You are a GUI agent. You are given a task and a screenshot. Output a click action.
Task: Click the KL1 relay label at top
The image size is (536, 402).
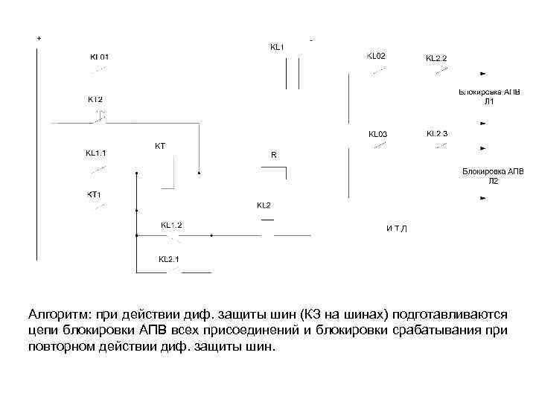click(276, 47)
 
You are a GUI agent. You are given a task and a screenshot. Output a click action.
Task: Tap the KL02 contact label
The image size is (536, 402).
click(376, 56)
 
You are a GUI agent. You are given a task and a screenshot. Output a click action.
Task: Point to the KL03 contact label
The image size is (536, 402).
click(378, 135)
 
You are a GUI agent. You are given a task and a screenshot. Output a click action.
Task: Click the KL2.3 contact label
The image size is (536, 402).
click(437, 134)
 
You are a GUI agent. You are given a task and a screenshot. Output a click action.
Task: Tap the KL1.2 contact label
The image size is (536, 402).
click(171, 224)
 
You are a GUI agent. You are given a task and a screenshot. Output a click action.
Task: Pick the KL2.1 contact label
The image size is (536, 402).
click(169, 259)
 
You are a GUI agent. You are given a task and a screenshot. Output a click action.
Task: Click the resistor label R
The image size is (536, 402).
click(273, 155)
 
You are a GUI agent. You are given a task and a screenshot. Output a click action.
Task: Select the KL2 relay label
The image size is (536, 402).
click(264, 205)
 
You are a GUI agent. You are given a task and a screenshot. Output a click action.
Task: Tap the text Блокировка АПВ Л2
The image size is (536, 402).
click(493, 176)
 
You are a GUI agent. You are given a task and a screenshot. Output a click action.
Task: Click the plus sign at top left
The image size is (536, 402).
click(39, 37)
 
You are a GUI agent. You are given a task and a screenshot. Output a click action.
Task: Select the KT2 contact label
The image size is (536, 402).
click(95, 98)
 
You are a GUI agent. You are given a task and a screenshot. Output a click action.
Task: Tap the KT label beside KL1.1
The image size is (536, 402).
click(159, 146)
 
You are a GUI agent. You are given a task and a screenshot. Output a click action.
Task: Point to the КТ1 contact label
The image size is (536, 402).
click(94, 195)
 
